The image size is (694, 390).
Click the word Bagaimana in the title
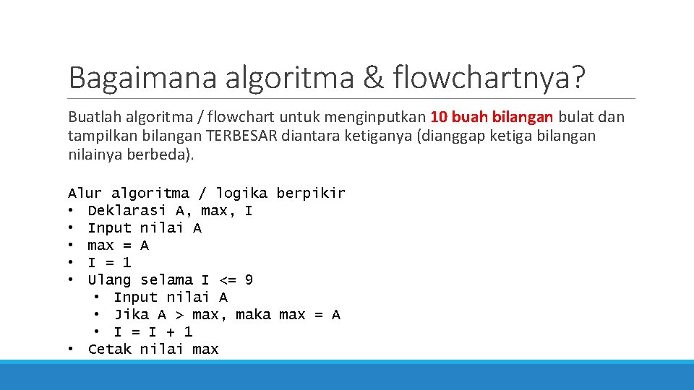pos(142,77)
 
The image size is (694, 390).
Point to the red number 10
pos(438,117)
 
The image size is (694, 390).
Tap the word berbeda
pos(167,155)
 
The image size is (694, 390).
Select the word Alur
pos(85,193)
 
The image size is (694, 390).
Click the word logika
pos(241,193)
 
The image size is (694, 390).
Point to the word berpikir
pos(311,193)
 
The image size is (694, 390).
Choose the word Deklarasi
pos(127,210)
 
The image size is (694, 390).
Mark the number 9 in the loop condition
pos(249,279)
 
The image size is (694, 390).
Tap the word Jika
pos(132,314)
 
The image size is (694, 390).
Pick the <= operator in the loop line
pos(227,279)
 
